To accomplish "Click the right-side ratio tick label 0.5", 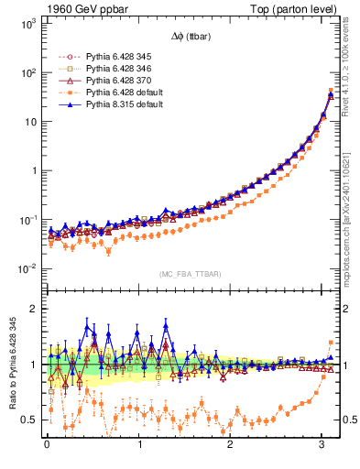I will click(x=349, y=420).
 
